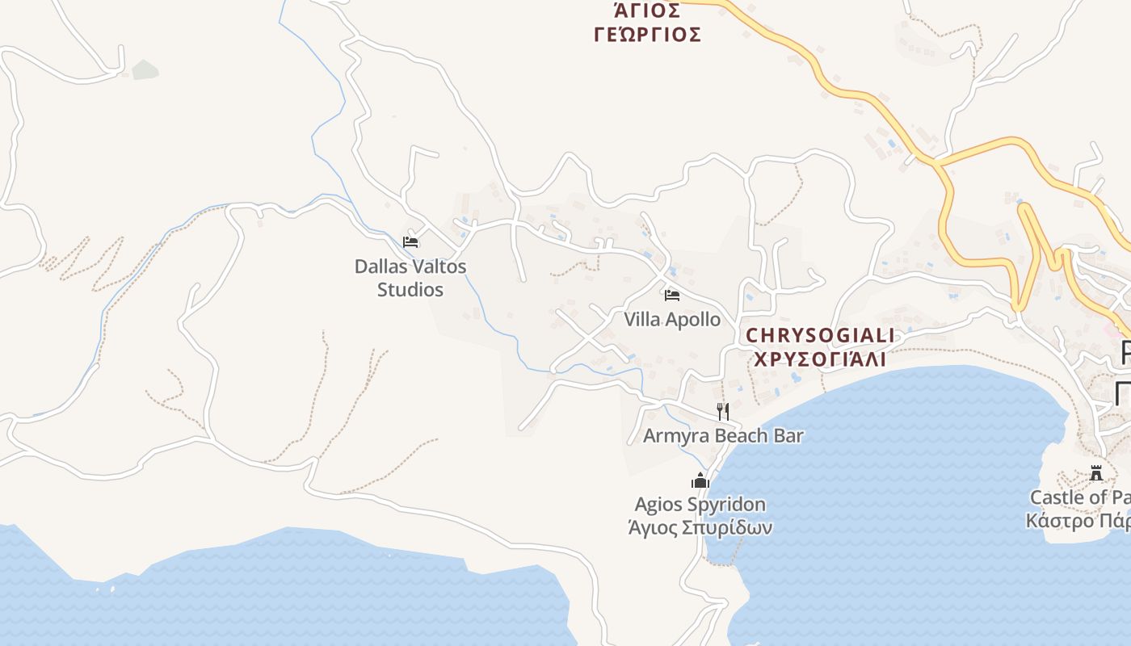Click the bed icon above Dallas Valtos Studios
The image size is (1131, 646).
[410, 241]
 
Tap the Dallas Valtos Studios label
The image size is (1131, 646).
[410, 277]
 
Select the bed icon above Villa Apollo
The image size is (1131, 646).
[671, 295]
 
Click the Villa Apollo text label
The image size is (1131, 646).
[671, 319]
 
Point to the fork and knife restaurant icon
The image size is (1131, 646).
[722, 411]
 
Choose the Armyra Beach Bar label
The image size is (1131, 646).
[723, 436]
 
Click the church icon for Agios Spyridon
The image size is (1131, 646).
[700, 480]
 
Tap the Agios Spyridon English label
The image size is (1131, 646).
[700, 505]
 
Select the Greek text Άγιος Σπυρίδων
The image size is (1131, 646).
[700, 528]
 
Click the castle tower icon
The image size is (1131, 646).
[1096, 472]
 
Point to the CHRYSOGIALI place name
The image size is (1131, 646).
[820, 335]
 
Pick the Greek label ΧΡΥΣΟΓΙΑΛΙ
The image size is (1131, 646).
[820, 359]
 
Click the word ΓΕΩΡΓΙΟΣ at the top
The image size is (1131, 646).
[647, 35]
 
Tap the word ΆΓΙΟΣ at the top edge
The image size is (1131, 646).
[647, 10]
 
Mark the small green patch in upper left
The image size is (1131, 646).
[145, 70]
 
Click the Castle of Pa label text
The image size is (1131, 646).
[1079, 497]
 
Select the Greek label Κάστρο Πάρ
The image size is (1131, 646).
[1078, 521]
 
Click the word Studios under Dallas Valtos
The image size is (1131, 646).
[410, 289]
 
